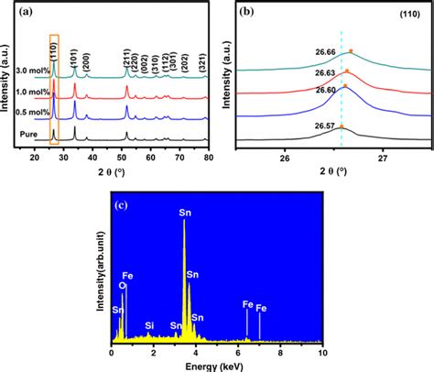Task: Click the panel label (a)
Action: [x=29, y=15]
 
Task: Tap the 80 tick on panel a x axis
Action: [x=210, y=159]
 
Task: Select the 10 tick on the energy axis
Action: [x=321, y=352]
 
